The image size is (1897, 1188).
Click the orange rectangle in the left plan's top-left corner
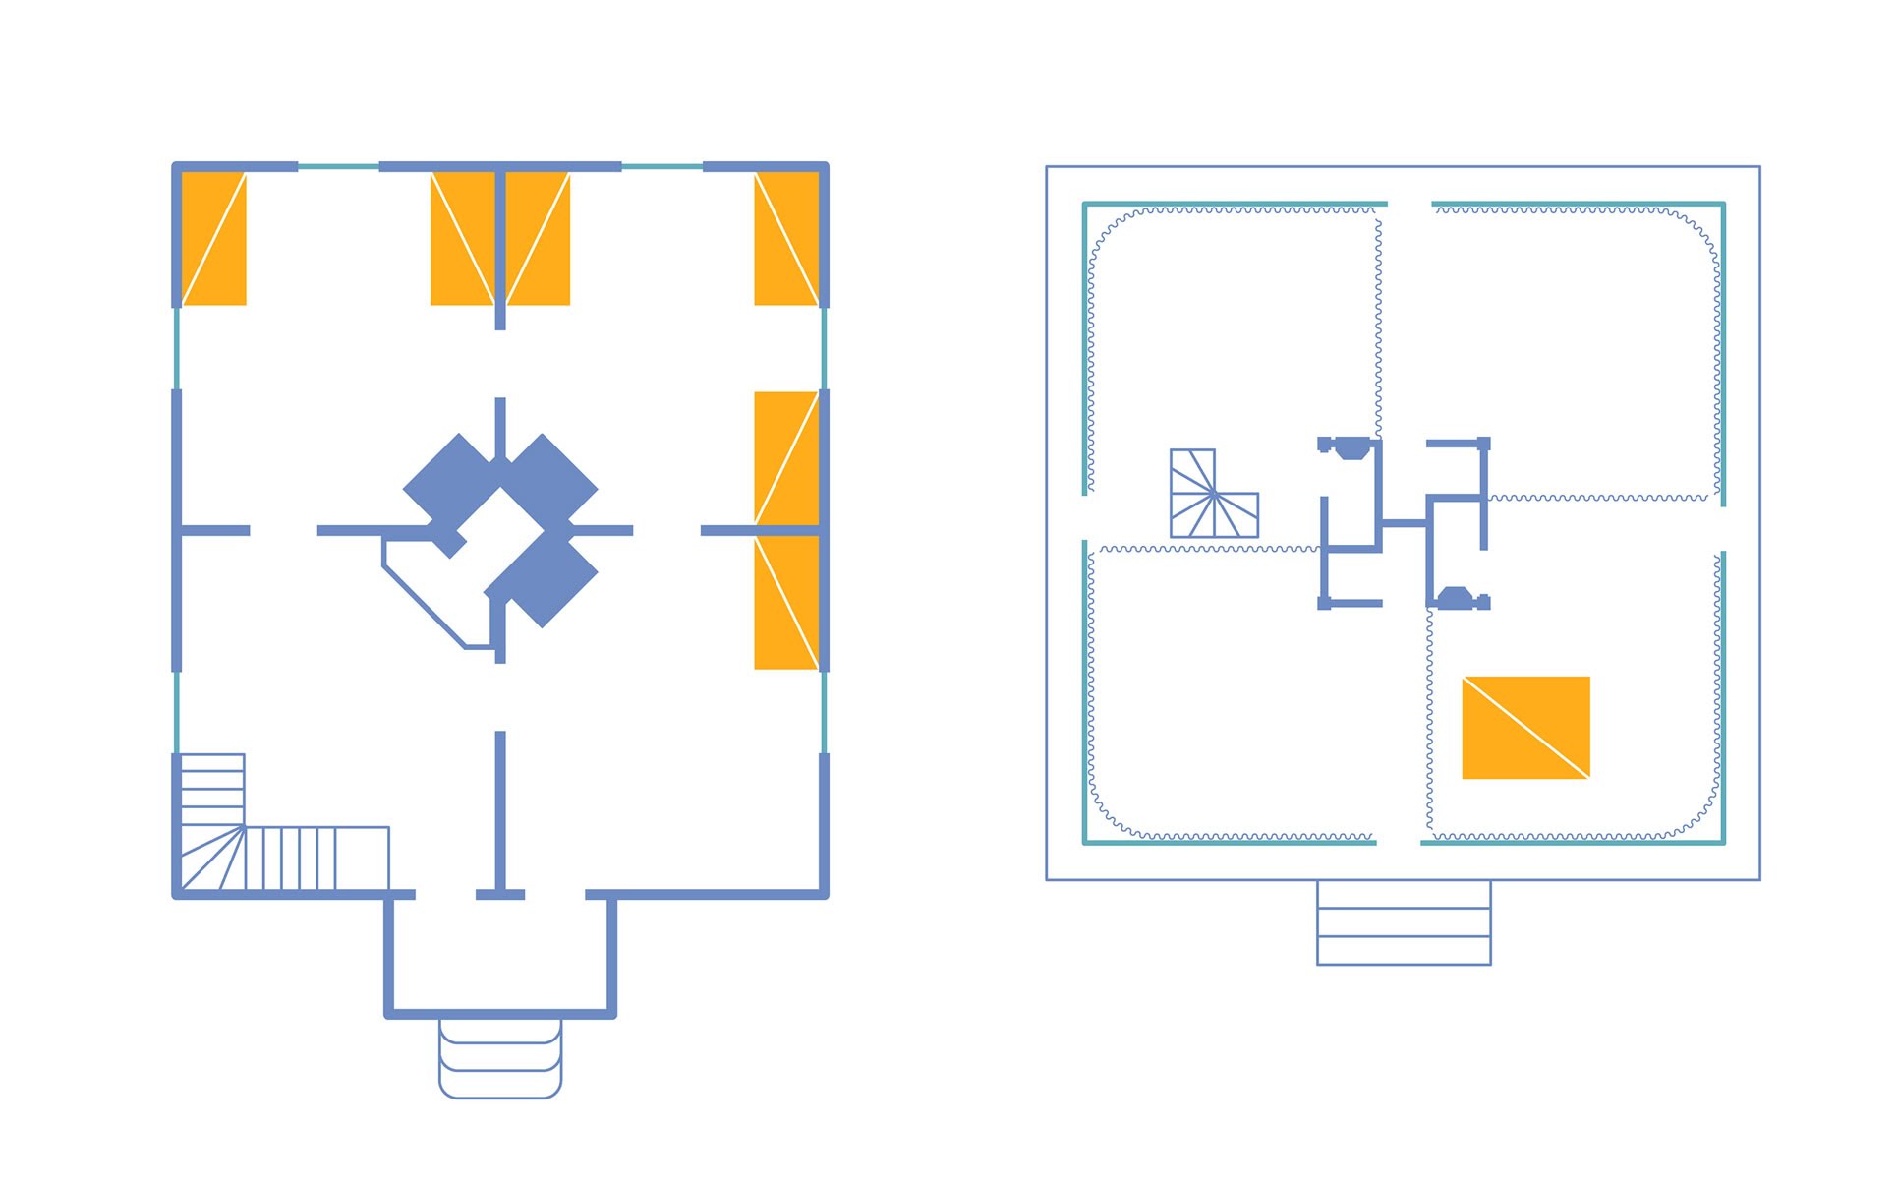tap(214, 239)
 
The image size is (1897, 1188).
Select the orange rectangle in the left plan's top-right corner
tap(786, 239)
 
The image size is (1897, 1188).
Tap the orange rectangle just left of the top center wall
tap(462, 239)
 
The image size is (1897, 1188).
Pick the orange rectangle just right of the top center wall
tap(539, 239)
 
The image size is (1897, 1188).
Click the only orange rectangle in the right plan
tap(1525, 728)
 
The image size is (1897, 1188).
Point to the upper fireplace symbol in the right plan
tap(1351, 448)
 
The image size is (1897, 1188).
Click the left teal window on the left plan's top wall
tap(338, 167)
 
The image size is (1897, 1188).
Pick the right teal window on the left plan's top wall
tap(661, 167)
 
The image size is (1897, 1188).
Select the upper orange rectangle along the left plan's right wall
tap(786, 458)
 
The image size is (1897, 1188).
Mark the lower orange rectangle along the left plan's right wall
tap(786, 603)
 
